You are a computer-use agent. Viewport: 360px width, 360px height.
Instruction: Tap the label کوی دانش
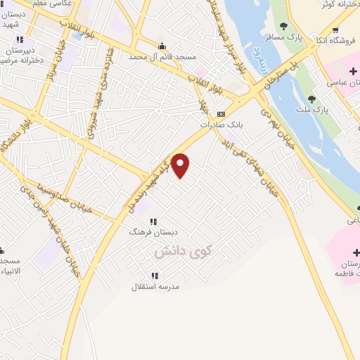click(184, 250)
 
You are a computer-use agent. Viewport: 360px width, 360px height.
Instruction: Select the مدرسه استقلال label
click(155, 287)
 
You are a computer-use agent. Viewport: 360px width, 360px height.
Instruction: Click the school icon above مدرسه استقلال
click(155, 275)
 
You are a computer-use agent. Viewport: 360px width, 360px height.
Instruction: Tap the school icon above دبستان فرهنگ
click(153, 220)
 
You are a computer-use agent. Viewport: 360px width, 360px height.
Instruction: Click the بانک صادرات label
click(220, 124)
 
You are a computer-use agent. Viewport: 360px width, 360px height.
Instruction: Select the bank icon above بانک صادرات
click(221, 113)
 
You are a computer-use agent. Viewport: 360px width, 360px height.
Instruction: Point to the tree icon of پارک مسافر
click(283, 26)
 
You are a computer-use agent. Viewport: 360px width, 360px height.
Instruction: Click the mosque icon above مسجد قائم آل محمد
click(162, 46)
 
